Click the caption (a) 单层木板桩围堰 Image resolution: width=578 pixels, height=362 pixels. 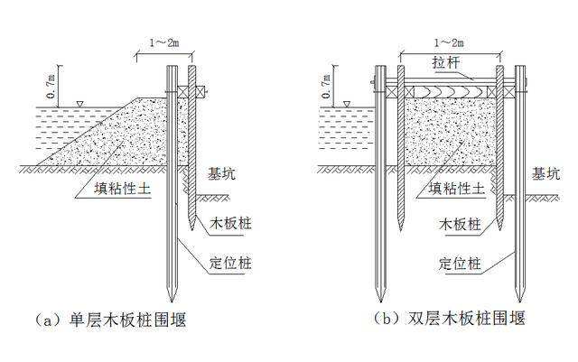(x=111, y=320)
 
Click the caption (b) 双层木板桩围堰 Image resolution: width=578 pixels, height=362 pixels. (x=449, y=318)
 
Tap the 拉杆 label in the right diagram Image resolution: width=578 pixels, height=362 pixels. (x=446, y=62)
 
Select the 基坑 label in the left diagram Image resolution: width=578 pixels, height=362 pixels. (x=221, y=173)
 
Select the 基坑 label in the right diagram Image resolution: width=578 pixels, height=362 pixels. (x=545, y=173)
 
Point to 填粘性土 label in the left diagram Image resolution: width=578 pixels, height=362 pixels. (x=123, y=189)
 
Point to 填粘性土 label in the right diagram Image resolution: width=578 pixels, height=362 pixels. (x=456, y=189)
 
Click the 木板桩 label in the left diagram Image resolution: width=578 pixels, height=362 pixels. (x=230, y=223)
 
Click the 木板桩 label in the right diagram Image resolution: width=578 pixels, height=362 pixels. (x=460, y=223)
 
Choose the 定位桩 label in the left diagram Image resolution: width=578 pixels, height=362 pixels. (x=230, y=264)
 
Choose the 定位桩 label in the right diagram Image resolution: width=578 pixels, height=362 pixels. (x=460, y=264)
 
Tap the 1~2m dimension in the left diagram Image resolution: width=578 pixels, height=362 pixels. (x=164, y=42)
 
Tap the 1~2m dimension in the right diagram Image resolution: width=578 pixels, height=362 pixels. (x=449, y=42)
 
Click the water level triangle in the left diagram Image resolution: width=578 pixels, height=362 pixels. (x=79, y=104)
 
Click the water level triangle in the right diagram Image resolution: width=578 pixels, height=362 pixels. (x=347, y=104)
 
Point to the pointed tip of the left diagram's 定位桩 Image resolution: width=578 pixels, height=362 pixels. (x=172, y=302)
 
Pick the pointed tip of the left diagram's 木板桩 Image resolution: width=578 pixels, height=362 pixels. (x=192, y=230)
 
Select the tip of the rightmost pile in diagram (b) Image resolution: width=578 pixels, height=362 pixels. (x=520, y=302)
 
